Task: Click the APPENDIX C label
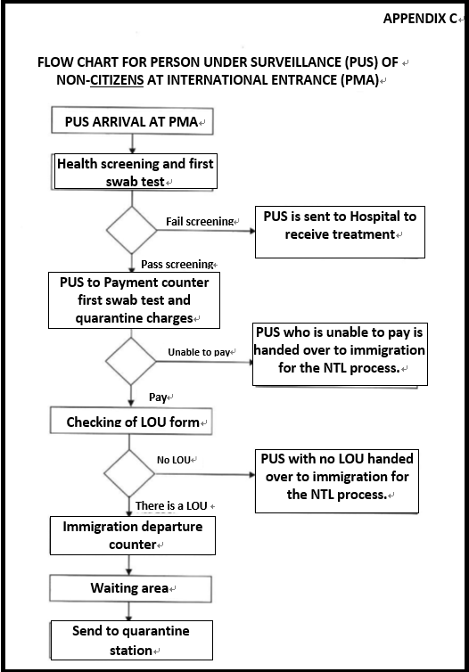tap(420, 19)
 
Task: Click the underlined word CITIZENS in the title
tap(117, 80)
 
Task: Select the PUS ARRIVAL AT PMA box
tap(132, 121)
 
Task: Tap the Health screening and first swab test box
tap(136, 172)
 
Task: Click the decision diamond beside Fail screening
tap(132, 230)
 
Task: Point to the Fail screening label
tap(200, 222)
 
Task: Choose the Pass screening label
tap(177, 264)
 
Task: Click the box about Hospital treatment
tap(340, 232)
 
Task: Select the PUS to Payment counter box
tap(134, 300)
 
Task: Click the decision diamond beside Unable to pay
tap(131, 361)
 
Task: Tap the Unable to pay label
tap(199, 352)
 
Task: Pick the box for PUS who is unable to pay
tap(340, 355)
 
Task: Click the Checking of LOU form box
tap(131, 421)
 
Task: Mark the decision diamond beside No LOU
tap(129, 473)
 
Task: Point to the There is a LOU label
tap(171, 506)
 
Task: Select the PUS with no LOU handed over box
tap(337, 481)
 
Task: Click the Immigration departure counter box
tap(133, 536)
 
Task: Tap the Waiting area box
tap(131, 589)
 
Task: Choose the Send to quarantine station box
tap(132, 640)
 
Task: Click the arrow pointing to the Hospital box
tap(206, 231)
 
